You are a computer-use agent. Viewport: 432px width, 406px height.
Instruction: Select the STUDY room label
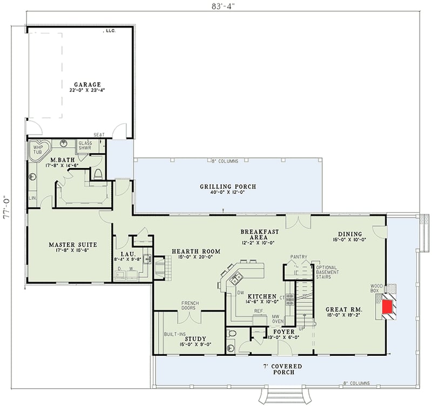coord(195,339)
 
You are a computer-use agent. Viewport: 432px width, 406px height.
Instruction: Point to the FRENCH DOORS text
coord(190,306)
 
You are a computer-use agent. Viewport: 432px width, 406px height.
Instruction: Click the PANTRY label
coord(299,256)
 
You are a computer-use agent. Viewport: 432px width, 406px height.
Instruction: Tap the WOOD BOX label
coord(376,288)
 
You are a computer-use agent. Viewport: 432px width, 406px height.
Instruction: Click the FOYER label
coord(283,331)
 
